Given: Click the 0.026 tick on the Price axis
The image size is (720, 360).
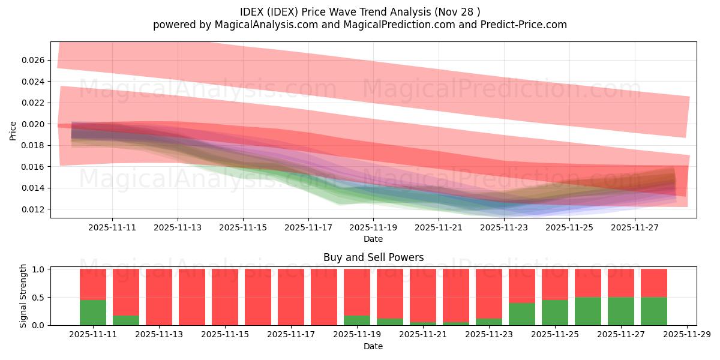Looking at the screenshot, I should point(35,60).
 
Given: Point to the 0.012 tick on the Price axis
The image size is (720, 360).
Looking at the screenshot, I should point(35,209).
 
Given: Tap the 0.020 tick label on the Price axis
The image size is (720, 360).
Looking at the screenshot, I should point(35,124).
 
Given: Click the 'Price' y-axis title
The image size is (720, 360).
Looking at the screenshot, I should point(13,130).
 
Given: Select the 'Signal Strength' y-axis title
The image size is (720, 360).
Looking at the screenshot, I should point(23,296).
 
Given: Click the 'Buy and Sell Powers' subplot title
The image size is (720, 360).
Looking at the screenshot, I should point(373,257).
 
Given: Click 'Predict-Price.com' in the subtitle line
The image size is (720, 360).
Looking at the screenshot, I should point(526,25).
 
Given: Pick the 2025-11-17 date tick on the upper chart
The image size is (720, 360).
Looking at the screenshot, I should point(308,228).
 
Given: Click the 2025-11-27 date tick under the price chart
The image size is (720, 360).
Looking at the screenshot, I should point(635,228).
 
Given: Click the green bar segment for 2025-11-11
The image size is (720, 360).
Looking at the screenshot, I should point(93,313).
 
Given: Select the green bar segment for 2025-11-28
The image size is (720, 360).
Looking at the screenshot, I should point(654,311).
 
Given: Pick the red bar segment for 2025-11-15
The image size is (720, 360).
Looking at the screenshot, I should point(225,296).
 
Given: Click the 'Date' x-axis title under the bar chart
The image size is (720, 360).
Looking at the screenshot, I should point(373,346).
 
